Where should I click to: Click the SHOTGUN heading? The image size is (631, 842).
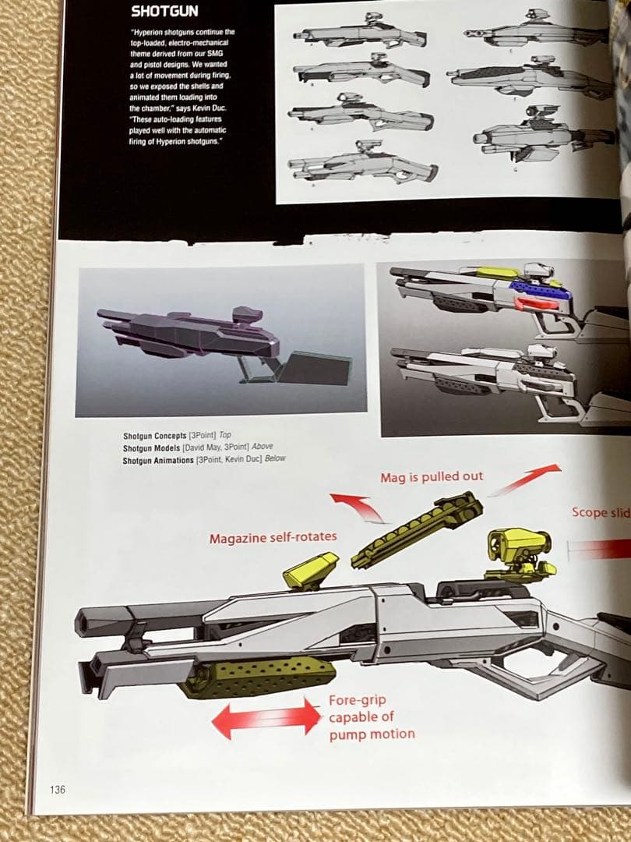click(x=164, y=11)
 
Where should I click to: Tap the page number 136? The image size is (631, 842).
click(x=58, y=790)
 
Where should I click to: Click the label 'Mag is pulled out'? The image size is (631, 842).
click(x=432, y=476)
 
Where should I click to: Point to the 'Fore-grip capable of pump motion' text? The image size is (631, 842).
click(x=371, y=716)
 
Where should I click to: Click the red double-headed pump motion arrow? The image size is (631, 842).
click(x=266, y=718)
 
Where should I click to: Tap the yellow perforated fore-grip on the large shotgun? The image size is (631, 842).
click(x=258, y=675)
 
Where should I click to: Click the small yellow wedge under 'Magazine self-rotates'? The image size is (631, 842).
click(x=311, y=571)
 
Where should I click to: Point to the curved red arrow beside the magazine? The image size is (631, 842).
click(x=358, y=508)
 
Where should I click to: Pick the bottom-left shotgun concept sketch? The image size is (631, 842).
click(x=362, y=165)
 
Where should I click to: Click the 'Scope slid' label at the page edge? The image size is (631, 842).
click(x=601, y=512)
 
